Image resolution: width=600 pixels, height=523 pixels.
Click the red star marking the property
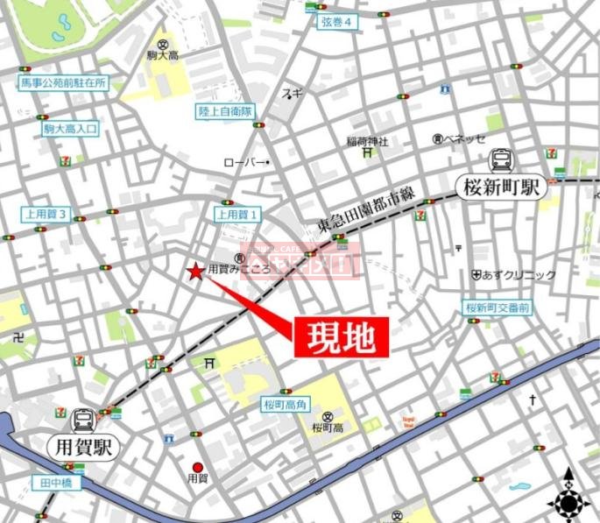pos(194,272)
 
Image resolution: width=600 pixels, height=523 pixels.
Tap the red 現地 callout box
pos(341,336)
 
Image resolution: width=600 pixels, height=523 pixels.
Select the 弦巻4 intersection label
pos(334,23)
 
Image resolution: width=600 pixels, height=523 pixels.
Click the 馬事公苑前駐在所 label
pos(64,83)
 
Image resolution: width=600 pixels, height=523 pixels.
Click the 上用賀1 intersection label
pos(237,214)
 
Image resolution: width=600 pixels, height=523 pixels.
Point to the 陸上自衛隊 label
pos(224,111)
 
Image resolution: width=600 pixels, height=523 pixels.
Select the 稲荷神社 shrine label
pos(367,140)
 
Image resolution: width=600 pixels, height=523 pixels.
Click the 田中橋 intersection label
pos(54,483)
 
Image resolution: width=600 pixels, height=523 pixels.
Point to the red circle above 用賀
pos(198,467)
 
